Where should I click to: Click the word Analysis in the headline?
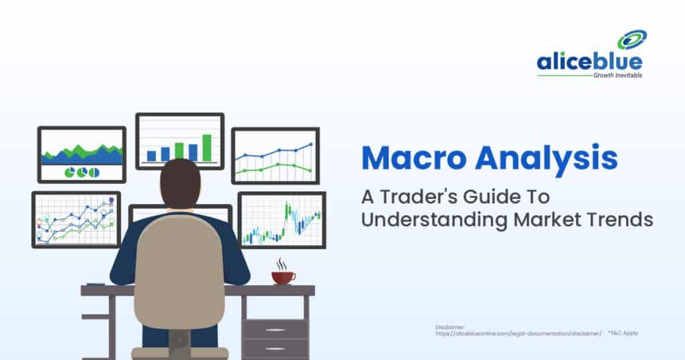(x=545, y=159)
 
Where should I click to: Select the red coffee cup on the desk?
(x=282, y=277)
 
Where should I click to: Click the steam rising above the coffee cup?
(x=282, y=264)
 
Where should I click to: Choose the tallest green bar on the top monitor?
(x=207, y=148)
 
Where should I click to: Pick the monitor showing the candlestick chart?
(x=282, y=219)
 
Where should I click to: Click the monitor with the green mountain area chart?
(x=82, y=155)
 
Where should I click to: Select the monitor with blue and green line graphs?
(x=275, y=155)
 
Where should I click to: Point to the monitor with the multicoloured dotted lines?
(x=76, y=219)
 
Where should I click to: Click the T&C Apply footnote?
(x=623, y=333)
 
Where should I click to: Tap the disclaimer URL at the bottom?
(x=518, y=333)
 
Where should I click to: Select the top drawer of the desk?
(x=275, y=329)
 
